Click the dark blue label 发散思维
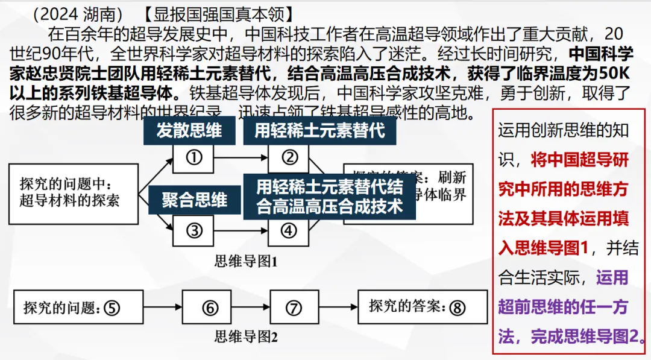click(x=189, y=130)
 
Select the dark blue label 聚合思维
click(x=194, y=200)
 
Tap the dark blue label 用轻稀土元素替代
click(x=319, y=130)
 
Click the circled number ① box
click(x=193, y=158)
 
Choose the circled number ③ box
click(x=193, y=230)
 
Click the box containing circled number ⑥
click(x=209, y=308)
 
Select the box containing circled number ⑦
click(x=294, y=308)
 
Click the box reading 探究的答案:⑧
click(x=423, y=307)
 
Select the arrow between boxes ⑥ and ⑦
click(x=251, y=308)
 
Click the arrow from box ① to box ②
click(x=241, y=158)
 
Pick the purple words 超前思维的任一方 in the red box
click(x=563, y=308)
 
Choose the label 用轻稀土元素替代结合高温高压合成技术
click(x=329, y=195)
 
